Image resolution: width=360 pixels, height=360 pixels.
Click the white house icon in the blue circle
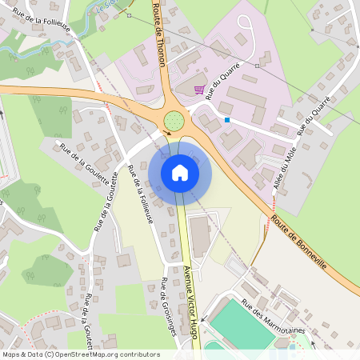click(x=180, y=172)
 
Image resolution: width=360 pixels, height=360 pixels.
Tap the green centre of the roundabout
click(x=174, y=122)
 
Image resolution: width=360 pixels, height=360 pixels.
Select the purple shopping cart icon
click(x=199, y=90)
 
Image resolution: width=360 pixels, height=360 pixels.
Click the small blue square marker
click(x=227, y=120)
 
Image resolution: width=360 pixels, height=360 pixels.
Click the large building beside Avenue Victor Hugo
click(x=199, y=236)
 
